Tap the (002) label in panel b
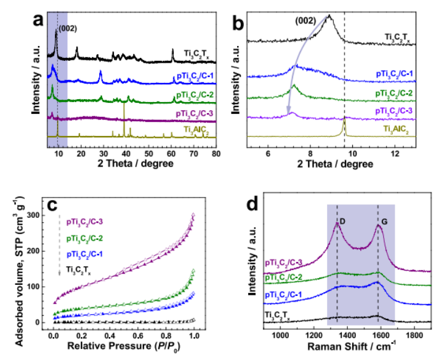click(305, 20)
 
